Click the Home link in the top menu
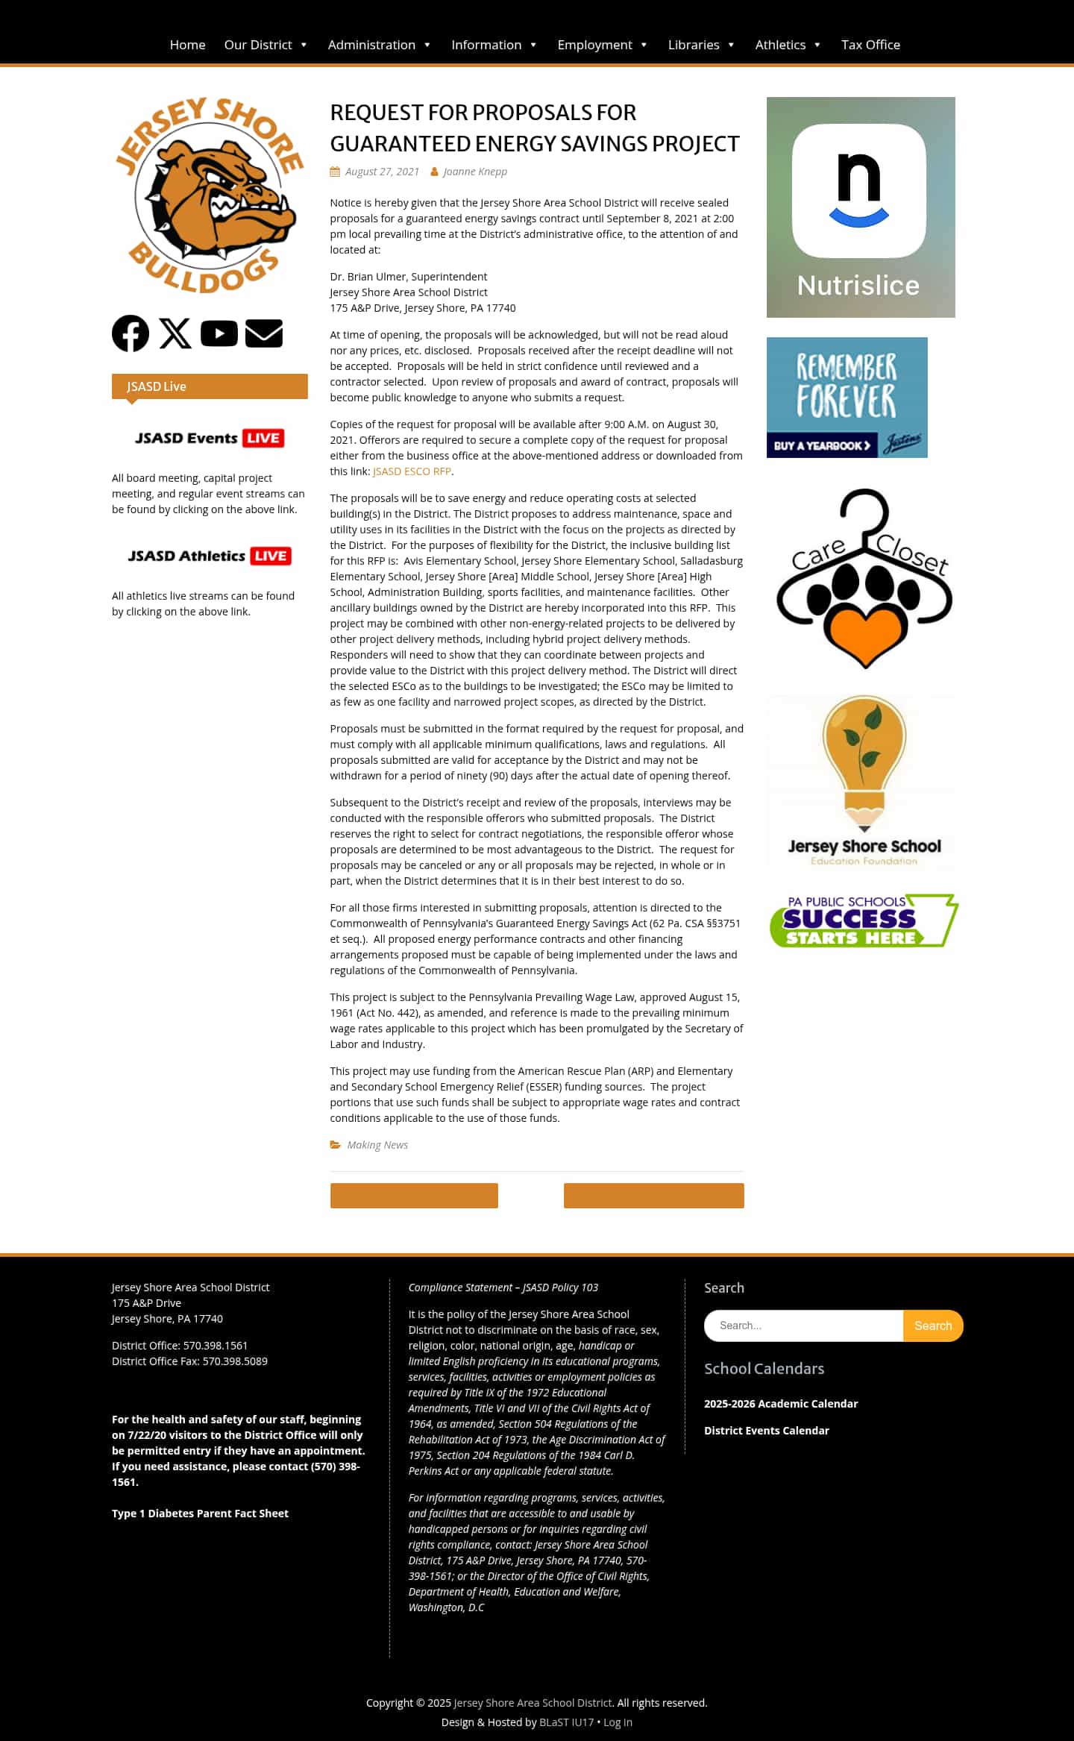[x=187, y=45]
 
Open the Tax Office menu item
[x=870, y=45]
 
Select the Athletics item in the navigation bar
[x=780, y=45]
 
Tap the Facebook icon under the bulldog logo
[x=131, y=333]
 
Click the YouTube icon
[x=219, y=333]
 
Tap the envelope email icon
[x=264, y=333]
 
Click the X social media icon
[x=175, y=333]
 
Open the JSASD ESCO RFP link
[x=412, y=471]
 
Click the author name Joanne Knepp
[x=475, y=172]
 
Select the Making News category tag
[x=377, y=1145]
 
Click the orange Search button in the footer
[x=933, y=1326]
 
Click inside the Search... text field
[x=804, y=1326]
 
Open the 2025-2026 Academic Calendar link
[x=781, y=1403]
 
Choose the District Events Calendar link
[x=767, y=1430]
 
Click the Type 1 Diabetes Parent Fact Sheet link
[x=200, y=1513]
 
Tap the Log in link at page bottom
[x=618, y=1722]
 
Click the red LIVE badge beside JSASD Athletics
[x=271, y=556]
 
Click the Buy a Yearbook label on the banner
[x=822, y=445]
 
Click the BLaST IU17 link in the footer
[x=566, y=1722]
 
